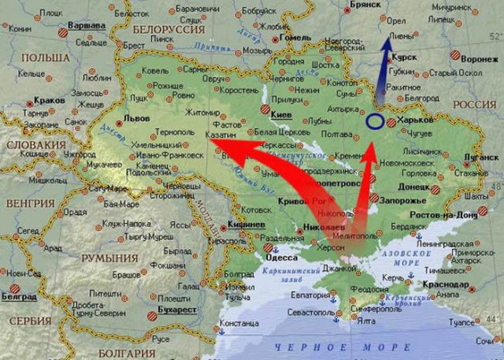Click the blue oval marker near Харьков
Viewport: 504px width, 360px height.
[x=375, y=121]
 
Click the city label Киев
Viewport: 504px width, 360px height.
[x=281, y=114]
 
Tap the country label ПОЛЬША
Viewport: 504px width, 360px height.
[x=46, y=58]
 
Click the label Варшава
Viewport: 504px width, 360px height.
[x=88, y=25]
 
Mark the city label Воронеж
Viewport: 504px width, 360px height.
[x=479, y=59]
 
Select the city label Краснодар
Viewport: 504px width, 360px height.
[x=443, y=284]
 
